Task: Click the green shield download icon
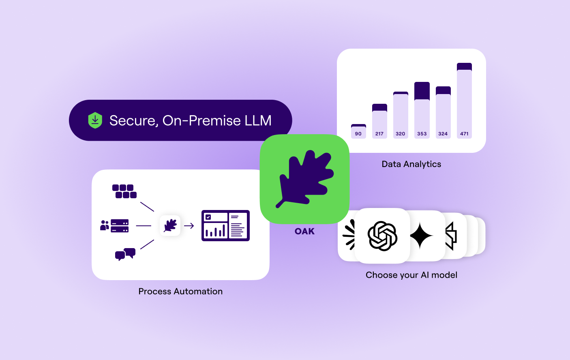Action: click(95, 120)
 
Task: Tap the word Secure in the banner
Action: click(133, 121)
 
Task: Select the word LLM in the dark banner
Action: click(258, 120)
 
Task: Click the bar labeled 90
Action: click(358, 131)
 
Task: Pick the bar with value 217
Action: click(379, 121)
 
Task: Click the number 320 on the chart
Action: click(401, 134)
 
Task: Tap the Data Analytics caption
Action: click(411, 164)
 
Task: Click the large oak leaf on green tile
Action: click(305, 179)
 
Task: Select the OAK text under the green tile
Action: click(304, 231)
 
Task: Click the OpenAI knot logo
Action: click(382, 236)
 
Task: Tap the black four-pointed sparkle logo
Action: click(421, 236)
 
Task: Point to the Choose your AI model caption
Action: click(411, 275)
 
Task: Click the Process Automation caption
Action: click(180, 291)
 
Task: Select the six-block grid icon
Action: click(124, 191)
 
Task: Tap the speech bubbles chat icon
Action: click(125, 254)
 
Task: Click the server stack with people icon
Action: click(114, 226)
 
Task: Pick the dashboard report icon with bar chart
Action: click(225, 225)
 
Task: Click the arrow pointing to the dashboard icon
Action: click(189, 226)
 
